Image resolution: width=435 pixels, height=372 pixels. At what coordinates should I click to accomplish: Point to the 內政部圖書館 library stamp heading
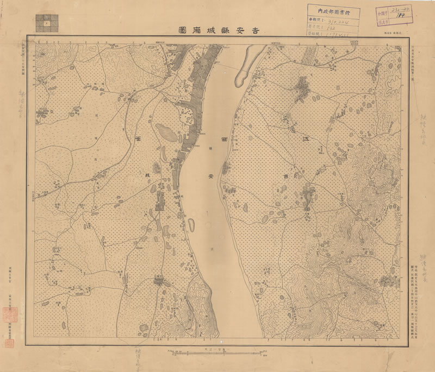332,9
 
